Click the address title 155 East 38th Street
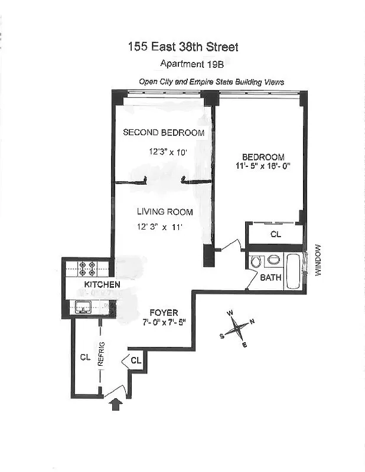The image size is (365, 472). (182, 47)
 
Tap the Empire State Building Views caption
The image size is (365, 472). (211, 82)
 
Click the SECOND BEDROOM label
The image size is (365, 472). (164, 133)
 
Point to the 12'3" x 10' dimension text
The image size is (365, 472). (168, 152)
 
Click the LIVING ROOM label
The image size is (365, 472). (165, 212)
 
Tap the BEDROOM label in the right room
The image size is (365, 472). (263, 158)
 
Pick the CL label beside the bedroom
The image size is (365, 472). (275, 234)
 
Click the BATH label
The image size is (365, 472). (271, 277)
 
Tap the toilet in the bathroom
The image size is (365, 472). (256, 260)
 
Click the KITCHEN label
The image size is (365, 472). (102, 285)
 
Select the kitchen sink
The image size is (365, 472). (83, 306)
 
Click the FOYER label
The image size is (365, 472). (164, 312)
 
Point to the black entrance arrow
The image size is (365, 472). (116, 404)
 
